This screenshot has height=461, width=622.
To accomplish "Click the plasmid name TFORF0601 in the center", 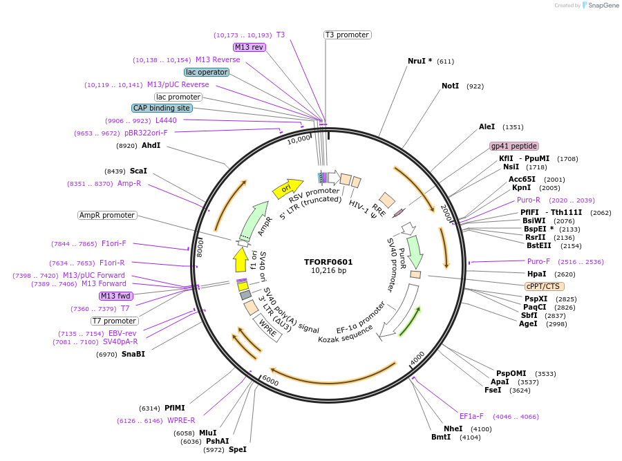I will click(x=328, y=262).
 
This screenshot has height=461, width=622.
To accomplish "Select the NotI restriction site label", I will click(x=450, y=86).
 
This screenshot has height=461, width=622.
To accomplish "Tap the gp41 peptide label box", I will click(x=513, y=146).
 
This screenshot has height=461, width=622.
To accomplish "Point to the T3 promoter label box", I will click(x=347, y=35).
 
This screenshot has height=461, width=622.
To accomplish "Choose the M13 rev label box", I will click(x=249, y=47).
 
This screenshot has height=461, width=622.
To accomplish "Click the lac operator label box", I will click(x=206, y=72).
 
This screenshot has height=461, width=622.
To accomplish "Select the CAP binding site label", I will click(x=162, y=108).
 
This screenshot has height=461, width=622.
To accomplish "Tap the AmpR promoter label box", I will click(x=107, y=215).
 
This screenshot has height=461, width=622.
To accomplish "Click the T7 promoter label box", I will click(x=114, y=321).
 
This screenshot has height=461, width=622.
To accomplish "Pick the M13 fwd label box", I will click(x=115, y=296).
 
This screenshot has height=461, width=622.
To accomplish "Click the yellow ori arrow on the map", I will click(x=292, y=187).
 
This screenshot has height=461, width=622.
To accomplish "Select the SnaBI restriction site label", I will click(x=133, y=354).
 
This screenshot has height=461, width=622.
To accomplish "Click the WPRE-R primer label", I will click(x=181, y=420).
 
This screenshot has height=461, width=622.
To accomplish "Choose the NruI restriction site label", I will click(x=420, y=61).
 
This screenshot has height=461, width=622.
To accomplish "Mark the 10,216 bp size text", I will click(x=328, y=271).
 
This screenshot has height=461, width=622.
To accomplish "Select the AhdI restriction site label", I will click(x=151, y=145).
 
